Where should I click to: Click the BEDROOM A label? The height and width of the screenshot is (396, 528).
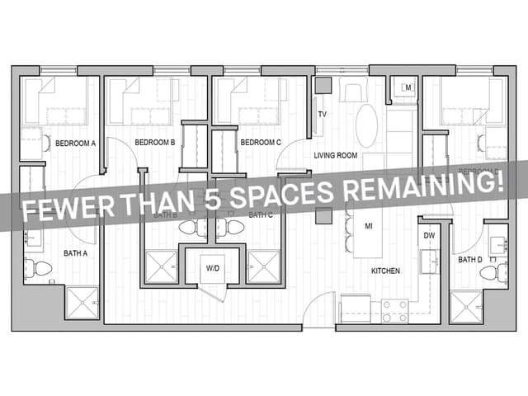point(76,143)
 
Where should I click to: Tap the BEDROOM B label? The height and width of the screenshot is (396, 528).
point(155,143)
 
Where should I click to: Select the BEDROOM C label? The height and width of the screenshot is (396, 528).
point(261,143)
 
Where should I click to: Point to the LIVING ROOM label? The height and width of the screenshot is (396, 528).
point(335,155)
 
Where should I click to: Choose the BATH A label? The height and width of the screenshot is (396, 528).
point(75,253)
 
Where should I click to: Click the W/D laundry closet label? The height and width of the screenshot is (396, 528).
point(213,267)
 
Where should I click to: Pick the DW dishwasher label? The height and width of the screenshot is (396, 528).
point(429,236)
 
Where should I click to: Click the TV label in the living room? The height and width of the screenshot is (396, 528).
point(323,114)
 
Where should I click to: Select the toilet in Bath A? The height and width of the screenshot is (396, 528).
point(38,267)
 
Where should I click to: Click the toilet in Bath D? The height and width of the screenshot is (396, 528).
point(491,272)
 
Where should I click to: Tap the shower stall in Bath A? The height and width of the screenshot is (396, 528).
point(82,302)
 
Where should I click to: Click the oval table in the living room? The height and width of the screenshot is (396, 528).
point(366,125)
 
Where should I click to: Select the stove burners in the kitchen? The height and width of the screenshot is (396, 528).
point(394,310)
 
